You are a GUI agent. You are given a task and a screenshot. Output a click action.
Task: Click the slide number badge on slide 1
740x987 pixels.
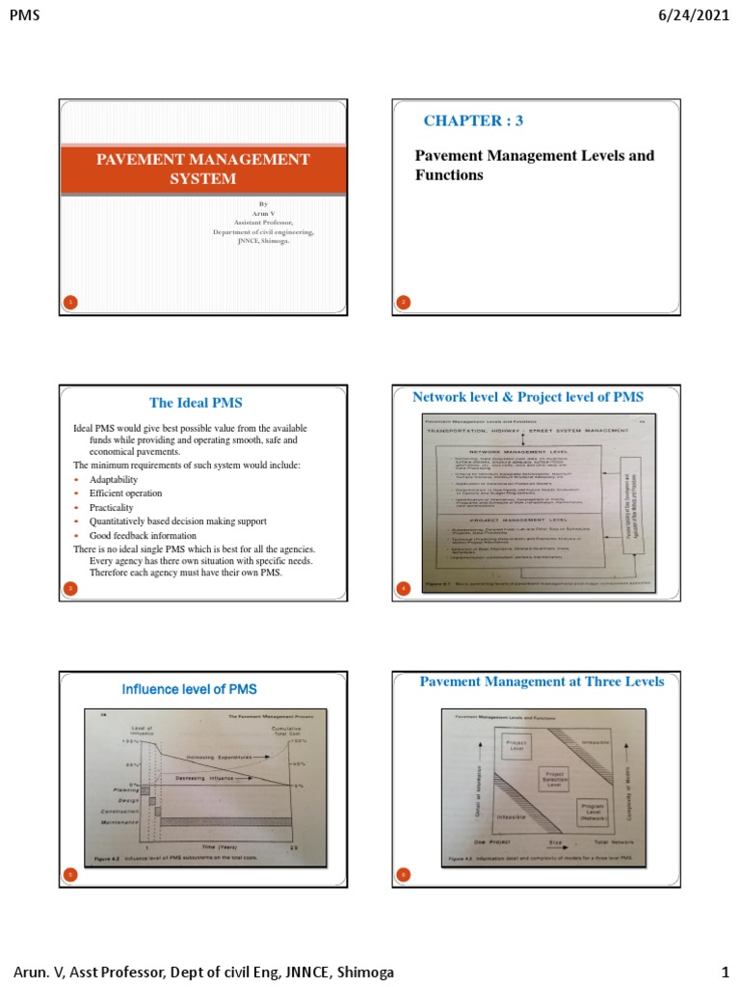pyautogui.click(x=69, y=304)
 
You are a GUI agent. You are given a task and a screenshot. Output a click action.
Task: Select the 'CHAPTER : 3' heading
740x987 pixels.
pyautogui.click(x=473, y=120)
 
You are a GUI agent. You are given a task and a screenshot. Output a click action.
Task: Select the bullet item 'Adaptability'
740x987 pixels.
pyautogui.click(x=114, y=479)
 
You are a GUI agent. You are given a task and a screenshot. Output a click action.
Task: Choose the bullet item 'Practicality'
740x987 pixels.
pyautogui.click(x=112, y=507)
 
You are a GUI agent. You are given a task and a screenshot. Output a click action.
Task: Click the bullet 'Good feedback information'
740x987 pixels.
pyautogui.click(x=143, y=535)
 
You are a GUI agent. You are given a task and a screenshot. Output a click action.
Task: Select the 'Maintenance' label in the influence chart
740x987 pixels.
pyautogui.click(x=122, y=822)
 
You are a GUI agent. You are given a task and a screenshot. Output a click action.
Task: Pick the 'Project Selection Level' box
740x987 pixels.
pyautogui.click(x=552, y=778)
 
